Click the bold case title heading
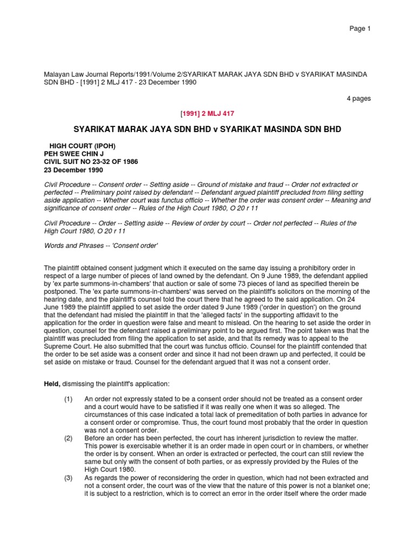pos(207,130)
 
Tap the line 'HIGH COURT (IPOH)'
pos(82,146)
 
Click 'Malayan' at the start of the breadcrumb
pos(56,74)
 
